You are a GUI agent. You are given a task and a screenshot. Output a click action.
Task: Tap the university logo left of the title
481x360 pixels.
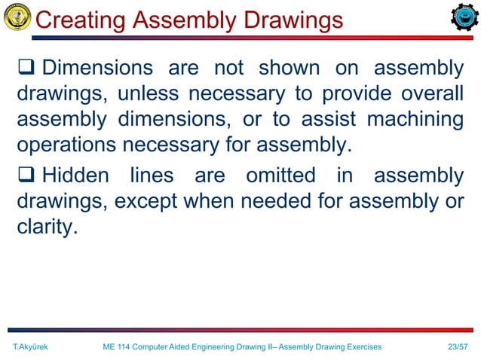17,17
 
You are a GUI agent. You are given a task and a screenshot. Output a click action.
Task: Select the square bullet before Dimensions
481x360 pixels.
25,69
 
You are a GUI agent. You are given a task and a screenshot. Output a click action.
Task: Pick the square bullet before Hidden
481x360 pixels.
25,176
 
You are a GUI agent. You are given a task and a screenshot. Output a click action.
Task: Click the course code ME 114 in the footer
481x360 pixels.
118,346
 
